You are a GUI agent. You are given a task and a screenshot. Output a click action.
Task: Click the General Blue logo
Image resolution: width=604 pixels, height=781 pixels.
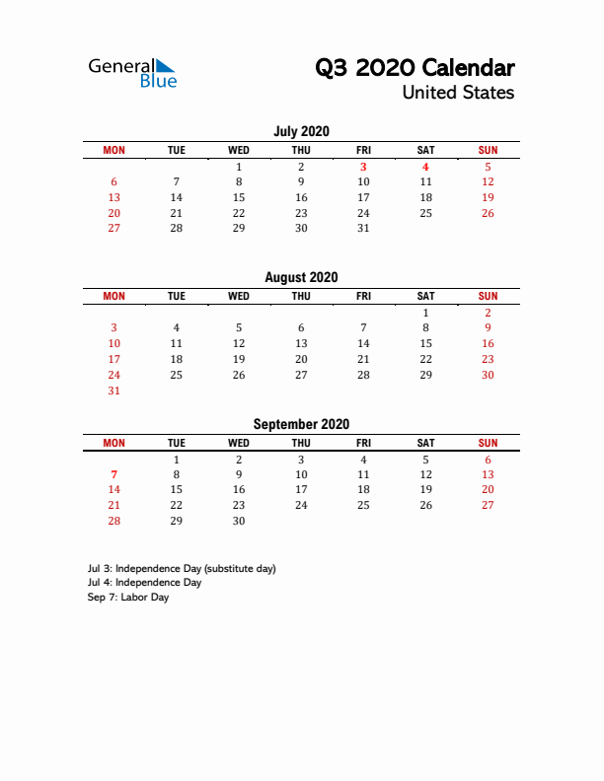[x=132, y=73]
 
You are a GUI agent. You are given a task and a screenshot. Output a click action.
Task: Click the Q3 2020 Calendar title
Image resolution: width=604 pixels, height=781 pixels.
[x=415, y=68]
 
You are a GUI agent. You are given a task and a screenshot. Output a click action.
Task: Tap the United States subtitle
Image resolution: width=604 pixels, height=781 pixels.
[x=458, y=93]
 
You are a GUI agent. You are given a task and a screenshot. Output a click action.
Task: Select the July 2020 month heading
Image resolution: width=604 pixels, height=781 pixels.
[x=301, y=131]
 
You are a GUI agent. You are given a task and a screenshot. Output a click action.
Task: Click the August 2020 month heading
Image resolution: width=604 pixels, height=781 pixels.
[x=301, y=278]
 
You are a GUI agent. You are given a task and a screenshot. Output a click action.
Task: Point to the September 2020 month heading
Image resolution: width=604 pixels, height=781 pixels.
[x=301, y=424]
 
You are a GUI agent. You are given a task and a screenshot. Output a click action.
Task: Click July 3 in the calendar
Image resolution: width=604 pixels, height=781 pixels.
[x=363, y=167]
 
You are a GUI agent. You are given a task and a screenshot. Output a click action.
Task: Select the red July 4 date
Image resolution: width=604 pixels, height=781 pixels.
[x=425, y=167]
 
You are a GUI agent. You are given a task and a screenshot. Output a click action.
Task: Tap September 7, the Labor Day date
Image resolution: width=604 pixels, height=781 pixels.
[x=114, y=474]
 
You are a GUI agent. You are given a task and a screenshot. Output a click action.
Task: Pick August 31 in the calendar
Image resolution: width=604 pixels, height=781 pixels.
[x=114, y=390]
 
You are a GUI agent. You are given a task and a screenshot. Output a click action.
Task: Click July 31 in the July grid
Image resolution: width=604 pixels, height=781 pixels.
[x=363, y=228]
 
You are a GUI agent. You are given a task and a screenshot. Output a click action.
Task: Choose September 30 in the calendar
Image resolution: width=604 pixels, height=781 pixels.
[x=239, y=521]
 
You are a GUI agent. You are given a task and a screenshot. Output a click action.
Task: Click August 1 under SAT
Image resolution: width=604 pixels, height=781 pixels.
[x=425, y=313]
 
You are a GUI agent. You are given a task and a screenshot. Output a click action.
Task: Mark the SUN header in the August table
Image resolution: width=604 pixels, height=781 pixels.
[x=488, y=296]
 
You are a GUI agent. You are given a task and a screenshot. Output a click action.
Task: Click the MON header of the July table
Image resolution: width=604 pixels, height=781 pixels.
[x=114, y=150]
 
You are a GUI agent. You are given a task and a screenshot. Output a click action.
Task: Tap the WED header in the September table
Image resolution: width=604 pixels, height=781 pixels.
[x=239, y=443]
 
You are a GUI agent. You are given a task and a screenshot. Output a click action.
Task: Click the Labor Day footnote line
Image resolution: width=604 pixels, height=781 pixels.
[x=128, y=598]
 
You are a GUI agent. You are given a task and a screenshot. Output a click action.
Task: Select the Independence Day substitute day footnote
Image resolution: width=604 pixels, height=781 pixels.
[x=182, y=568]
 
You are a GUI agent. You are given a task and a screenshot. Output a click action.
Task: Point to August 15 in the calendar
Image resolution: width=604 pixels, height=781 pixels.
[x=425, y=343]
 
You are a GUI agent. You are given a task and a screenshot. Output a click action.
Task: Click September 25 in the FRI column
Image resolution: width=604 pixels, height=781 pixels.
[x=363, y=505]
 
